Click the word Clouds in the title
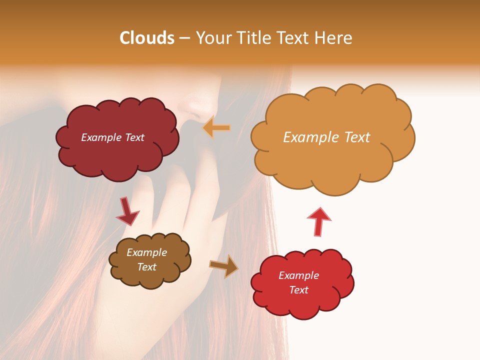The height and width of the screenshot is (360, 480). coord(147,38)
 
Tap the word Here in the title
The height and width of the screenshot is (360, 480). coord(334,38)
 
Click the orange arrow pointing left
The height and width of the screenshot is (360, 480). coord(216,128)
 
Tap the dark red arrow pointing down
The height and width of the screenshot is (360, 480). coord(127,211)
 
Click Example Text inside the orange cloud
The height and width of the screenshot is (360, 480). coord(326,137)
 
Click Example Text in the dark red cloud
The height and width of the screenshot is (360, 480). coord(112,137)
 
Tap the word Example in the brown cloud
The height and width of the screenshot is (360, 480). coord(146,252)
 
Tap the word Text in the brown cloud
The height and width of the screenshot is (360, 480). coord(146,267)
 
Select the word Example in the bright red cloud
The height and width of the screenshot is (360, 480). coord(298,275)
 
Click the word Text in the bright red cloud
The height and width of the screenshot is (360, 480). coord(298,290)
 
